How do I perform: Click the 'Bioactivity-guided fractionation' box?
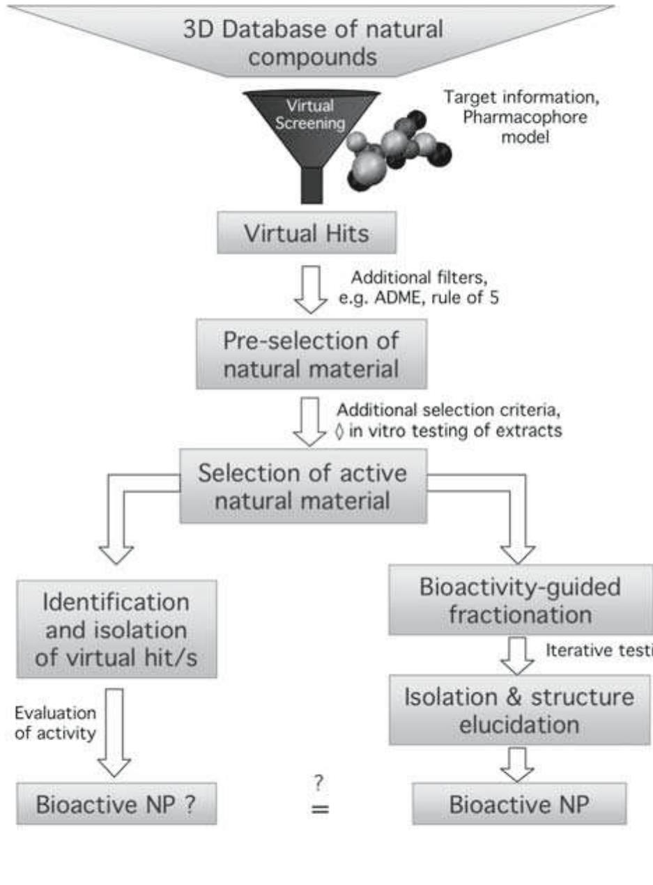click(x=520, y=600)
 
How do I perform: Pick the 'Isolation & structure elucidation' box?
click(x=520, y=711)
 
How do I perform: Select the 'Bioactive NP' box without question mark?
click(x=520, y=804)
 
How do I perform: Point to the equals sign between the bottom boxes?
click(x=320, y=810)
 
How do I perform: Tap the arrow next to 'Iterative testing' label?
click(x=516, y=655)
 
